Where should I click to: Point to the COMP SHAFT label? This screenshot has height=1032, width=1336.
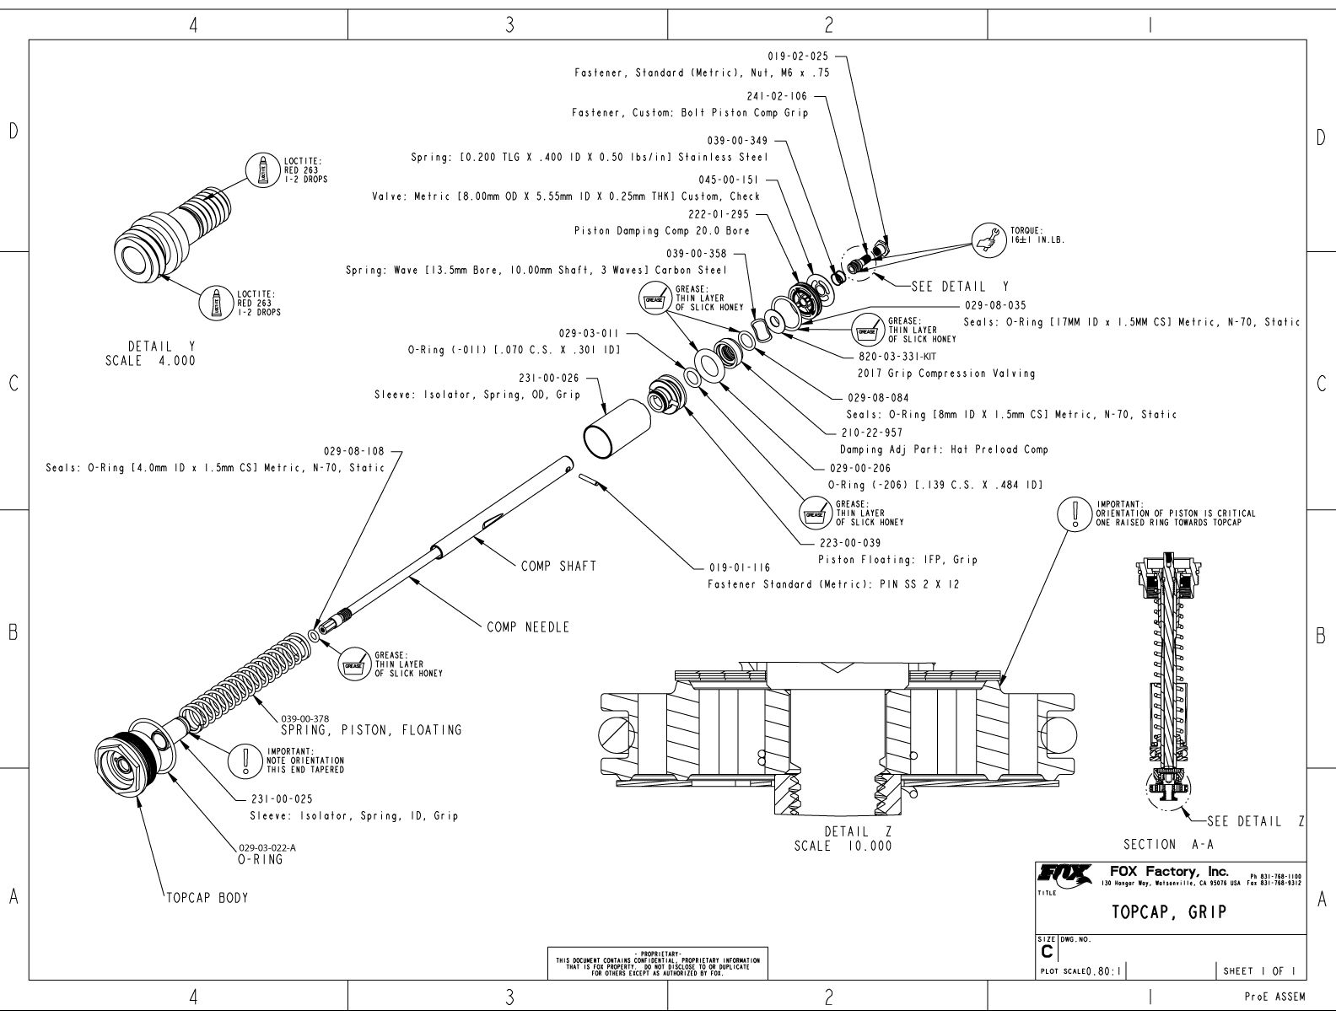click(x=558, y=566)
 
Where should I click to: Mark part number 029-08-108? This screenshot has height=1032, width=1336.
click(x=354, y=452)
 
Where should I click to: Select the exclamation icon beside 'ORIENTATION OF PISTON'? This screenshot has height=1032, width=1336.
click(x=1075, y=513)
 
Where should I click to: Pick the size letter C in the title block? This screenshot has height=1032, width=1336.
click(x=1048, y=951)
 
